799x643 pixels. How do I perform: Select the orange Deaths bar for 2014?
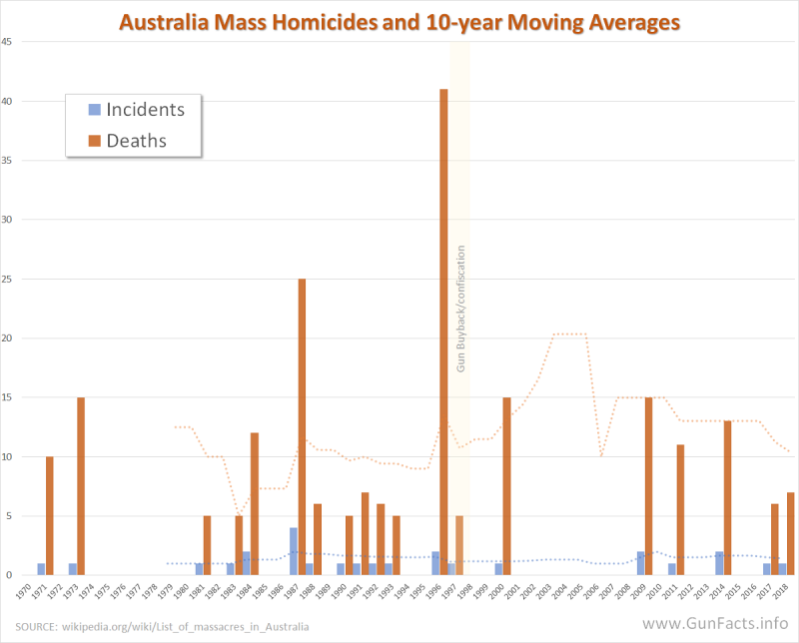coord(728,498)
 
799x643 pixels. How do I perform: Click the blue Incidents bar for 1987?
coord(294,551)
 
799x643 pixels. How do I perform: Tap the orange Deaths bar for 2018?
coord(791,533)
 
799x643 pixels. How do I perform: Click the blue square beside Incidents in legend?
coord(95,109)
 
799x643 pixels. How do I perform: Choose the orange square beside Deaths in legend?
coord(95,141)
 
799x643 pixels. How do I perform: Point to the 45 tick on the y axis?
coord(7,42)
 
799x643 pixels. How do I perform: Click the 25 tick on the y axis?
coord(7,279)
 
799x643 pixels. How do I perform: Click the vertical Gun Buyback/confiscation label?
coord(461,308)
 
